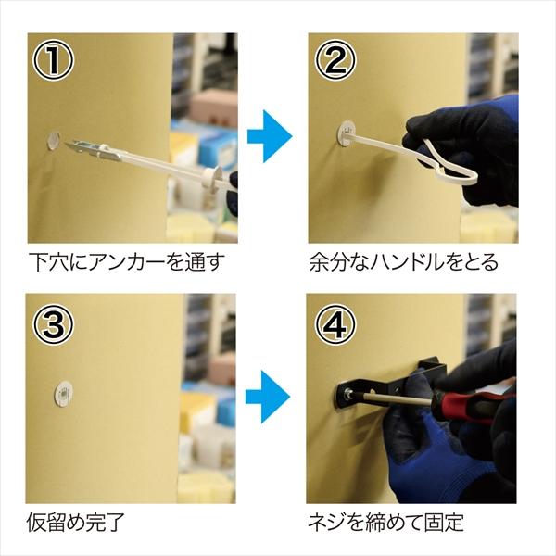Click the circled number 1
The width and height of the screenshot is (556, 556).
click(x=53, y=60)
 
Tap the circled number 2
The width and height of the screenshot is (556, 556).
click(x=335, y=60)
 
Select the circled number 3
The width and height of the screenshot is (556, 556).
click(x=53, y=324)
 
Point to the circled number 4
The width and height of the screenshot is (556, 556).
click(x=335, y=324)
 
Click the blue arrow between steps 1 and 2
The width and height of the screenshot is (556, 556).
click(x=270, y=136)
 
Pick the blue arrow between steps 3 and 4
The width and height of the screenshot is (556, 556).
click(x=268, y=397)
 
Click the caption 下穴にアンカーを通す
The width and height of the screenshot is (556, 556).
click(x=127, y=262)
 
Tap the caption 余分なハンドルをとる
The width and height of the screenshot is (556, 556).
click(x=403, y=262)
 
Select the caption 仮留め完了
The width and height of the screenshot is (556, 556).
click(x=76, y=522)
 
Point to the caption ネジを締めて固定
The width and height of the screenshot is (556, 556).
click(x=385, y=522)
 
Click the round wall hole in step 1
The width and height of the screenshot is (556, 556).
click(x=54, y=141)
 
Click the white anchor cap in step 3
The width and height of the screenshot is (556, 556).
click(x=63, y=394)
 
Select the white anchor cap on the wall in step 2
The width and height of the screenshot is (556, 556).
click(x=347, y=133)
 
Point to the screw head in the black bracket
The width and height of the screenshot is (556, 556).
click(x=348, y=393)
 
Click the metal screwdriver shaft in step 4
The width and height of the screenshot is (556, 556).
click(x=394, y=398)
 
